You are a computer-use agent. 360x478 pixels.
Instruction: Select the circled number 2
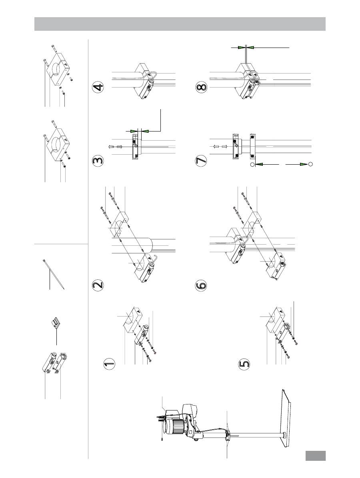pos(98,285)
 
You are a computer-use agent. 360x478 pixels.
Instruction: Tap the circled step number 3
pos(98,161)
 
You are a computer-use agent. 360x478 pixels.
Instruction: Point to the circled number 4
pos(98,88)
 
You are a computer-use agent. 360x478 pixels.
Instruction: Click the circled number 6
pos(201,285)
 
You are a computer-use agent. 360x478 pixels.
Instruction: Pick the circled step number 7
pos(201,161)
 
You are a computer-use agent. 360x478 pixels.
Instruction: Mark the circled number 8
pos(201,88)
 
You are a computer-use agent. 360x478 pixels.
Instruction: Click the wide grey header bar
pos(180,24)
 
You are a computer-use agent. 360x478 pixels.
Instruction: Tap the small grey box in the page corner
pos(316,456)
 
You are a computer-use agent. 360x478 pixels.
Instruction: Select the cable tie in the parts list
pos(54,274)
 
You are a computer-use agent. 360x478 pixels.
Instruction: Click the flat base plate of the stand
pos(285,417)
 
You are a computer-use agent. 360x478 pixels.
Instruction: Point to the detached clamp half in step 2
pos(119,225)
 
